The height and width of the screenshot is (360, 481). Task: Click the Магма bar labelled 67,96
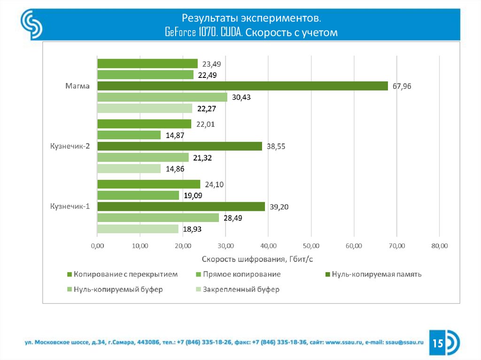242,86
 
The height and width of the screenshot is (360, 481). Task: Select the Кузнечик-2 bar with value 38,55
179,146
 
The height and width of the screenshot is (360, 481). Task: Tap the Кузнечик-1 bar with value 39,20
181,207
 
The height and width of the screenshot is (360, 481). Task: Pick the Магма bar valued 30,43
162,97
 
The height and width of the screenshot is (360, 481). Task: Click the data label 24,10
214,184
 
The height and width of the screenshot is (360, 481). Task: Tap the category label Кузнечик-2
70,146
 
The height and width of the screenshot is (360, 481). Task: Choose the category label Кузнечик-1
70,207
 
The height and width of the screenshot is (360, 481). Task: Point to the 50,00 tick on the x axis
311,245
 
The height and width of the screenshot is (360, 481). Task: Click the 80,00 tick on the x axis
439,245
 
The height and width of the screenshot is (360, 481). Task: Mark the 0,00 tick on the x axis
97,245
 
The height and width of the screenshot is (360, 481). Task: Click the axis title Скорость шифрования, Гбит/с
257,259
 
